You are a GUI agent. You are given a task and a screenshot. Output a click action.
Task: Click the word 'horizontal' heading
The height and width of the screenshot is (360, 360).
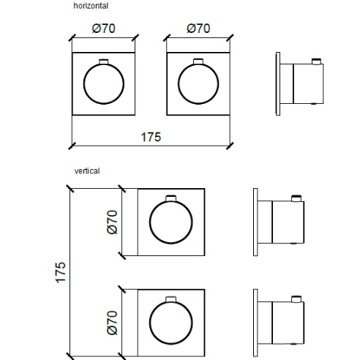click(x=91, y=5)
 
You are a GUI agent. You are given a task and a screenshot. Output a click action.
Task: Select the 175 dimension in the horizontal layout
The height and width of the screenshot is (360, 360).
click(x=151, y=136)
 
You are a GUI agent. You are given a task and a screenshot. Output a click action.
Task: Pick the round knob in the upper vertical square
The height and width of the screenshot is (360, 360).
click(x=171, y=222)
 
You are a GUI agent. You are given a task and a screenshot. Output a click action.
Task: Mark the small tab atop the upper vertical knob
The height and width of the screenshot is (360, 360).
click(x=171, y=198)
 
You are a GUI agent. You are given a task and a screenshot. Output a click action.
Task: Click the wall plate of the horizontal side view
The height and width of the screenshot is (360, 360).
click(x=277, y=82)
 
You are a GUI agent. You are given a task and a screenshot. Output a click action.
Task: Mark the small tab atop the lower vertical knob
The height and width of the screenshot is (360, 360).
click(x=171, y=298)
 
